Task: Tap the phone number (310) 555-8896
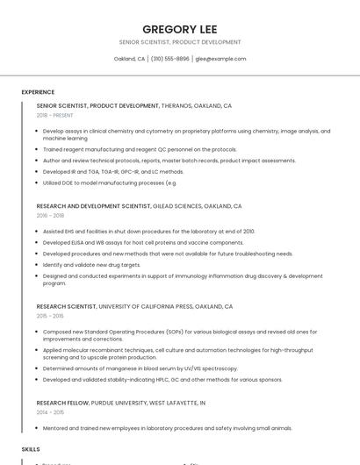pyautogui.click(x=169, y=59)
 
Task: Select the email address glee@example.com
pyautogui.click(x=220, y=59)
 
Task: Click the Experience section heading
pyautogui.click(x=38, y=92)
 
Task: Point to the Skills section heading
pyautogui.click(x=31, y=448)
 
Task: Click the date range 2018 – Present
pyautogui.click(x=55, y=115)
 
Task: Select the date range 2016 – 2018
pyautogui.click(x=50, y=215)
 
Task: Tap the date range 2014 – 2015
pyautogui.click(x=50, y=411)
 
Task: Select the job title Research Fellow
pyautogui.click(x=62, y=403)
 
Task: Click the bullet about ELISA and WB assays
pyautogui.click(x=143, y=242)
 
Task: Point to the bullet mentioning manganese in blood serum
pyautogui.click(x=140, y=368)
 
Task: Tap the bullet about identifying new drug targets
pyautogui.click(x=91, y=264)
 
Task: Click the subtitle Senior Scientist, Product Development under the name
pyautogui.click(x=180, y=42)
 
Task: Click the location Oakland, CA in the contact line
pyautogui.click(x=129, y=59)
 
